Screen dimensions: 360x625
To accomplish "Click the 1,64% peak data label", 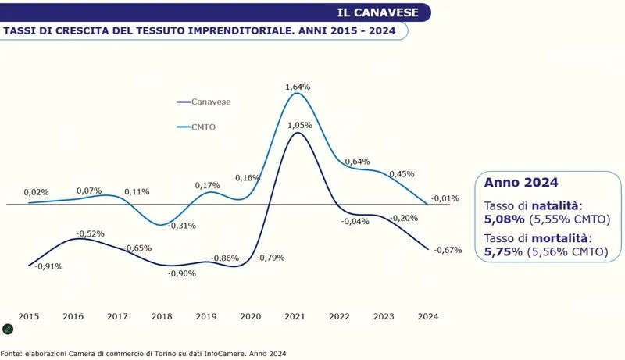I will click(298, 87).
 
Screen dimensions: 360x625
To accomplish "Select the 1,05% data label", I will click(299, 125).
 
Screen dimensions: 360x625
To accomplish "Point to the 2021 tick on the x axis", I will click(295, 316).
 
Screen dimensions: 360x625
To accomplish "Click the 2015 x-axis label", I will click(29, 316).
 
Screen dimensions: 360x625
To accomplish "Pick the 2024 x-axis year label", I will click(428, 316).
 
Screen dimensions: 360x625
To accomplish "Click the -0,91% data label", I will click(48, 266).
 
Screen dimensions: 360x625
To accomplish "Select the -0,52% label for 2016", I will click(91, 233).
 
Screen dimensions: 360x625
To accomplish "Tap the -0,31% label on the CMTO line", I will click(181, 226).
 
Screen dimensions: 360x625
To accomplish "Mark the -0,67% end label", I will click(448, 250).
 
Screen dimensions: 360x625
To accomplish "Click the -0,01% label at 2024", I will click(445, 198).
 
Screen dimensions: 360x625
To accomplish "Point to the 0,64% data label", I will click(356, 162).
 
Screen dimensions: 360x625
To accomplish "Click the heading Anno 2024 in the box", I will click(521, 183).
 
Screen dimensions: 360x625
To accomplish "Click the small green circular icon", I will click(8, 329).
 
